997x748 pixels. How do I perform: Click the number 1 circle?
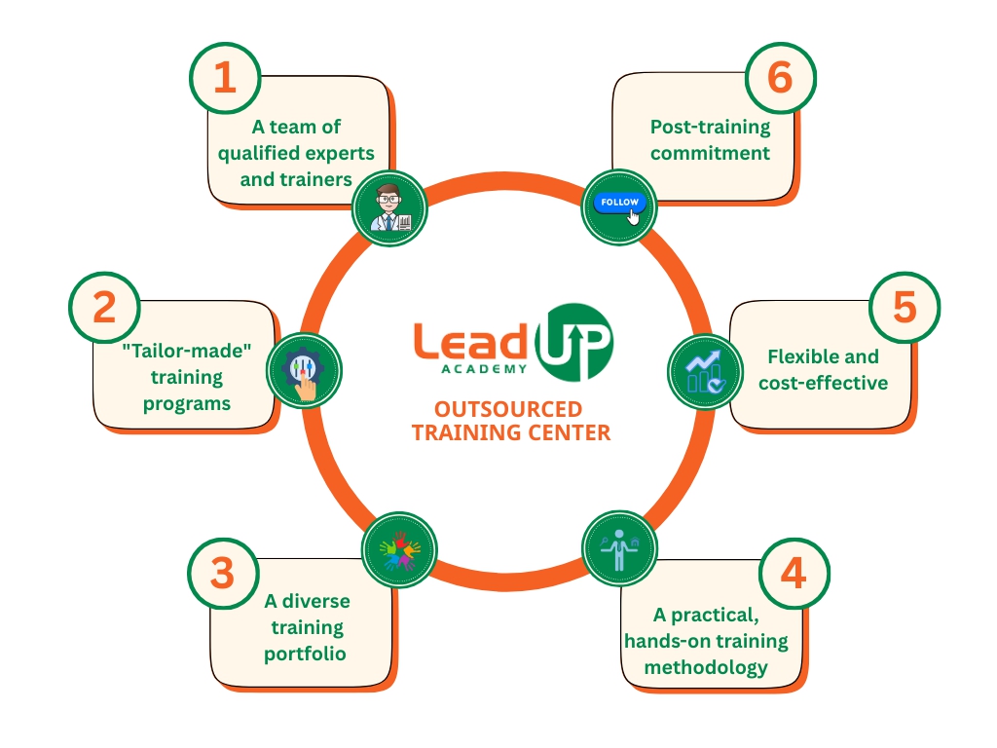(x=225, y=77)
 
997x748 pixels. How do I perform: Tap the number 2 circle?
(x=104, y=307)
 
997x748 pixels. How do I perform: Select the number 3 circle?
(x=223, y=574)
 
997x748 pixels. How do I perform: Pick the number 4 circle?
(x=794, y=574)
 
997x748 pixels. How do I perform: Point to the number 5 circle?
(x=905, y=307)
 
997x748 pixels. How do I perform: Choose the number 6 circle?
(x=780, y=77)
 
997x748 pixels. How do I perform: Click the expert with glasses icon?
(x=389, y=207)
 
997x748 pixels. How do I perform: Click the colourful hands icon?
(x=399, y=547)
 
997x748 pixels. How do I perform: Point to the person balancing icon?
(x=618, y=548)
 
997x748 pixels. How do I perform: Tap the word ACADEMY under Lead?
(x=484, y=368)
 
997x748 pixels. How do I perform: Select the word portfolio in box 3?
(x=305, y=653)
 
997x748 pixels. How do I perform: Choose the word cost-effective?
(x=824, y=383)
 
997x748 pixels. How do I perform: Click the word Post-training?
(x=710, y=127)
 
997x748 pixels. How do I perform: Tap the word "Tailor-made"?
(x=187, y=351)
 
